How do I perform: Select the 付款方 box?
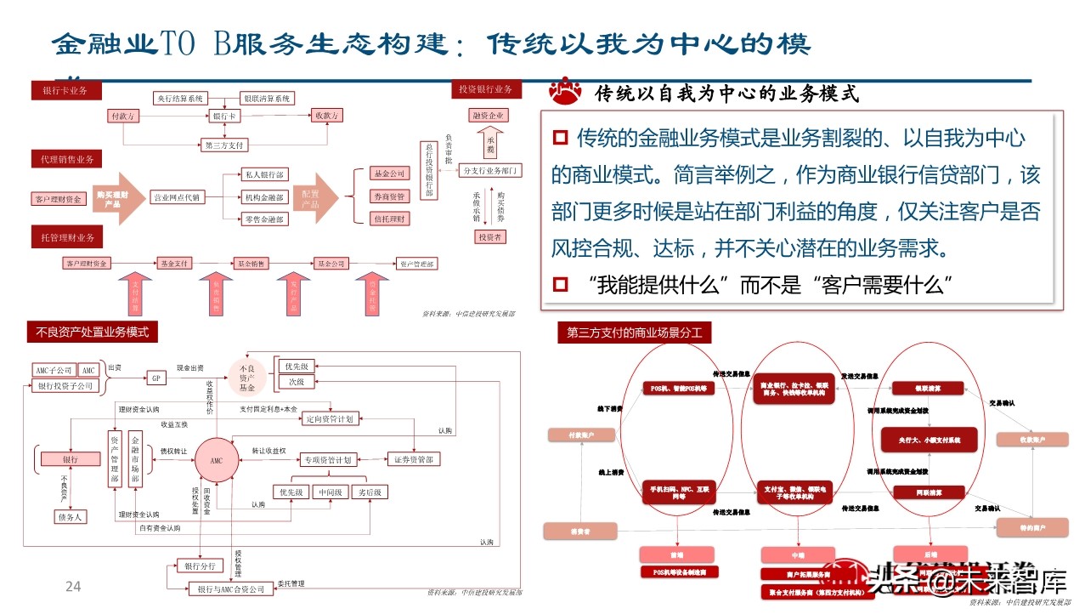[122, 116]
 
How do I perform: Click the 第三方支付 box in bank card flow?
[224, 145]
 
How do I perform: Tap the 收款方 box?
[326, 116]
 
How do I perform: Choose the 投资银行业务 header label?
[485, 89]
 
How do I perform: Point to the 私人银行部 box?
[264, 174]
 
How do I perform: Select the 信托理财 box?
[389, 219]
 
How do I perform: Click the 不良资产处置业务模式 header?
[93, 332]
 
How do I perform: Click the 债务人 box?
[71, 516]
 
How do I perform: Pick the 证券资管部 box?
[414, 460]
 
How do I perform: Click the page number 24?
[73, 586]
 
